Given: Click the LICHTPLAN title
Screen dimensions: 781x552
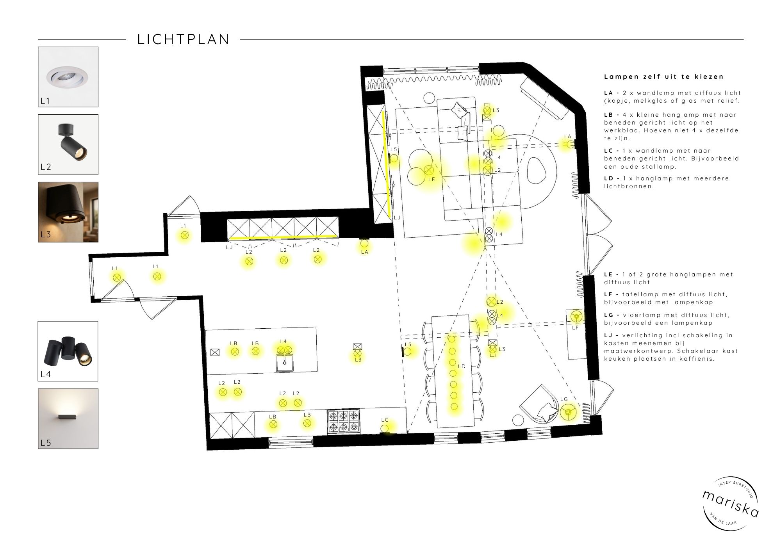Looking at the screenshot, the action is click(x=183, y=39).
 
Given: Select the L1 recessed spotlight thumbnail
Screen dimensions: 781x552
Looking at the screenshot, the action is click(x=68, y=77).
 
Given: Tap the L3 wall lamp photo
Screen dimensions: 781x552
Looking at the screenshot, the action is click(x=68, y=212).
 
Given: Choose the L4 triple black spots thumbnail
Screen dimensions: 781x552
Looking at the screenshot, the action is click(x=68, y=351).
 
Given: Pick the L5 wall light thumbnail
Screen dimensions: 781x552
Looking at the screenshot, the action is click(x=68, y=418).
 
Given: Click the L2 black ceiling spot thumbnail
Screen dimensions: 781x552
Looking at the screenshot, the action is click(x=68, y=144).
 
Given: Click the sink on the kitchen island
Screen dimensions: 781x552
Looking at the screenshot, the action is click(x=285, y=363).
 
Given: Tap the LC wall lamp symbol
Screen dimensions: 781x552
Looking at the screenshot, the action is click(x=385, y=429).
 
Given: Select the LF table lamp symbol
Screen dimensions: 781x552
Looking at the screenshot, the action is click(x=576, y=316).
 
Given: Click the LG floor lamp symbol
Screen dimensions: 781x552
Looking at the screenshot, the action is click(x=569, y=412).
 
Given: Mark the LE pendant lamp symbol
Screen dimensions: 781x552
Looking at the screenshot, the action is click(x=429, y=170).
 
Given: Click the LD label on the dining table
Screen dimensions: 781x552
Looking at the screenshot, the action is click(x=462, y=366).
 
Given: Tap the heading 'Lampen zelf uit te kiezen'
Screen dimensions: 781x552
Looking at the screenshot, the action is click(x=664, y=77).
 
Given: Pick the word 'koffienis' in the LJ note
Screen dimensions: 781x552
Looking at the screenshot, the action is click(x=697, y=359).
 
